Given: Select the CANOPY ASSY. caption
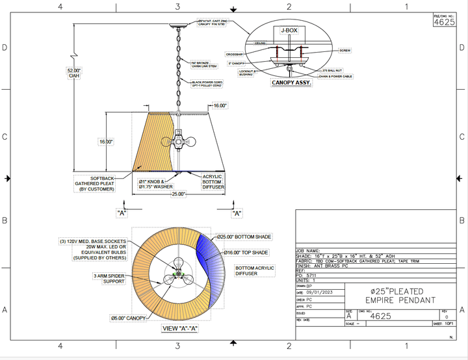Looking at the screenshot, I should pyautogui.click(x=291, y=83).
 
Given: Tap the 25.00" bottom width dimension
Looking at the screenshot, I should pyautogui.click(x=178, y=194).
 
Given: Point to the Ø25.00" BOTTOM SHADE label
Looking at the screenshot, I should pyautogui.click(x=244, y=237).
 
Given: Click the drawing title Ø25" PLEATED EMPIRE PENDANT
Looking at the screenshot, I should pyautogui.click(x=394, y=296).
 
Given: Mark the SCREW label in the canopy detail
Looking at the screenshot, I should pyautogui.click(x=344, y=50).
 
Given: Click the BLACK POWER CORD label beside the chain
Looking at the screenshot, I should pyautogui.click(x=207, y=84).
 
